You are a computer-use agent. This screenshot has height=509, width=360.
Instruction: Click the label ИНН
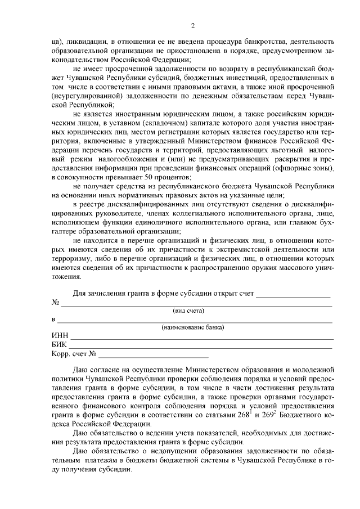(x=60, y=336)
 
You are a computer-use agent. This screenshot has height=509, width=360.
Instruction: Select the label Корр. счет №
(x=75, y=354)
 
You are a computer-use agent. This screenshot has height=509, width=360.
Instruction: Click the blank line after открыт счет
(x=293, y=294)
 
